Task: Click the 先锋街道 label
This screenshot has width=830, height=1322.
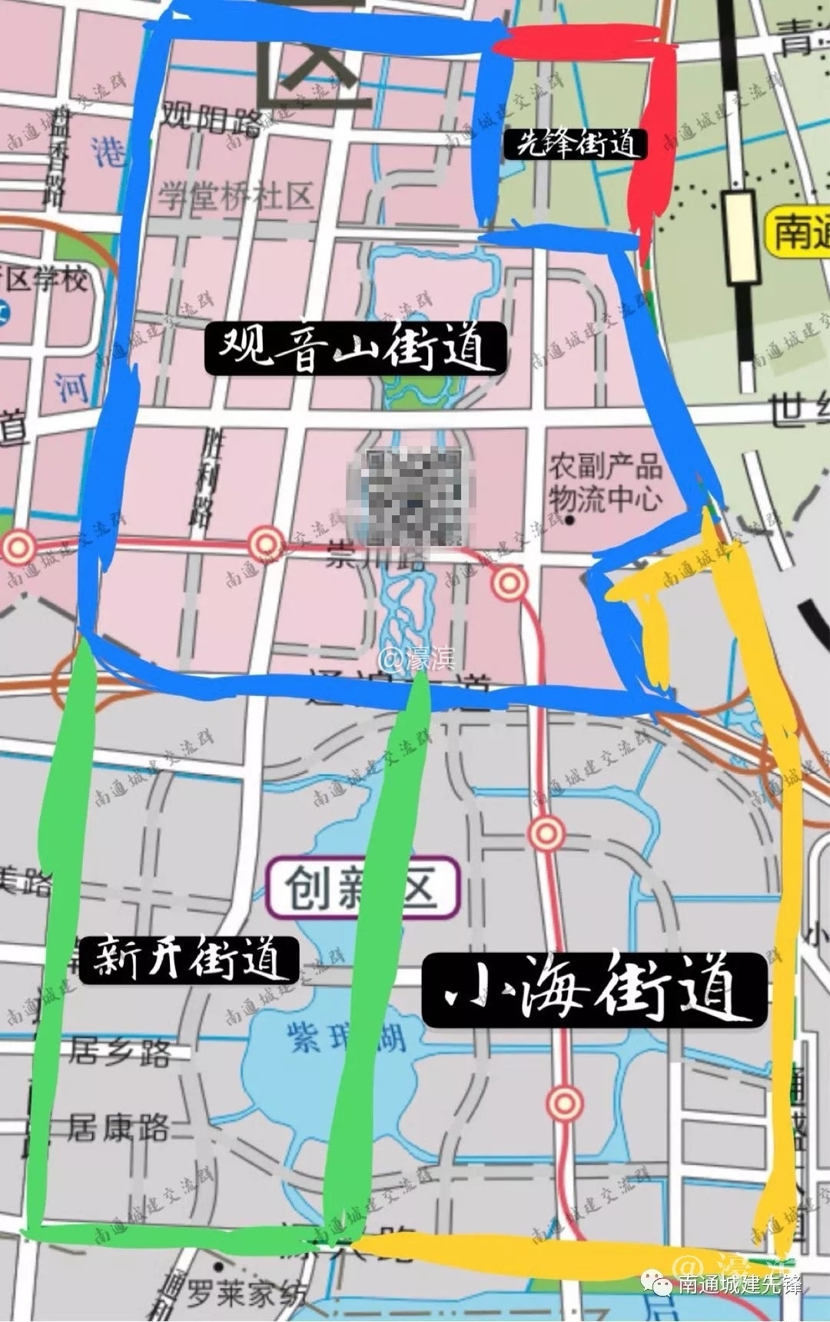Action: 576,143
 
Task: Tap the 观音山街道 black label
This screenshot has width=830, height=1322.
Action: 355,348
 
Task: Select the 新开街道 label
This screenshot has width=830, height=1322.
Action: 188,960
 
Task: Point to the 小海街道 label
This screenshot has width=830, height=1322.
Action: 595,991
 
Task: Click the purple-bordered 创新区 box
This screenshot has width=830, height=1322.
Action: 363,888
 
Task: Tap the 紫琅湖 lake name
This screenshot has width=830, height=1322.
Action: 346,1037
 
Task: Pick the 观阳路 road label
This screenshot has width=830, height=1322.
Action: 210,118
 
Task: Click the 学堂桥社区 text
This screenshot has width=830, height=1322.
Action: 236,197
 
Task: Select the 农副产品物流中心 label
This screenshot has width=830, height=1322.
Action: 605,482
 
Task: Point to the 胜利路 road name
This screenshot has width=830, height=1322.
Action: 207,477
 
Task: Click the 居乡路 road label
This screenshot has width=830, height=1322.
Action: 120,1051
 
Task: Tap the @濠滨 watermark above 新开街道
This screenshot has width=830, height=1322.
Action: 418,659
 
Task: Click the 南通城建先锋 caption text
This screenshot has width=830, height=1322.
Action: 739,1284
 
